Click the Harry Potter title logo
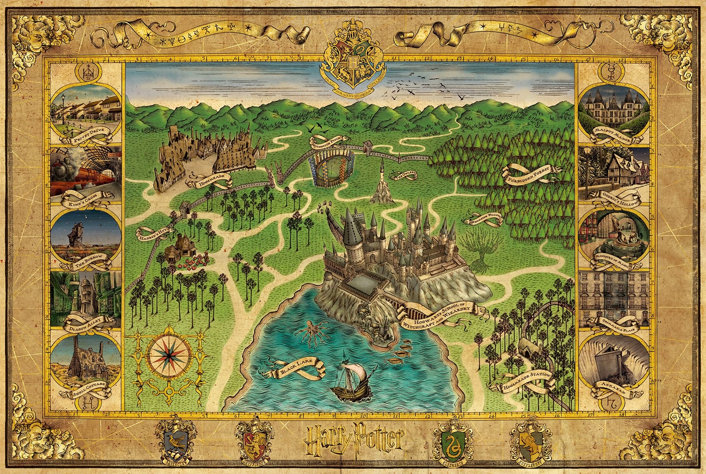[x=353, y=438]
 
